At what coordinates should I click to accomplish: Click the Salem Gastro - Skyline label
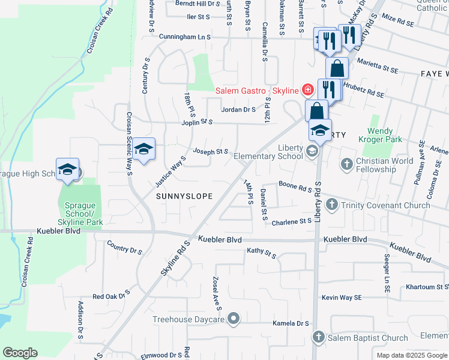point(257,90)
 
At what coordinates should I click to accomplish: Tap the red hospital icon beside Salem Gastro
point(307,90)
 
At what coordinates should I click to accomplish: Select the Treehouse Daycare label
point(188,320)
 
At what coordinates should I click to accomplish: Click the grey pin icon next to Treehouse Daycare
point(234,319)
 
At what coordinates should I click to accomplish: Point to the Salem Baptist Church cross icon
point(318,338)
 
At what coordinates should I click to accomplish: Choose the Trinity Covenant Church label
point(385,205)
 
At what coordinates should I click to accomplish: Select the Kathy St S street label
point(261,253)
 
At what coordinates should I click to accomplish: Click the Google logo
point(20,353)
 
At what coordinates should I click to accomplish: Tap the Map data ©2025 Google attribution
point(412,355)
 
